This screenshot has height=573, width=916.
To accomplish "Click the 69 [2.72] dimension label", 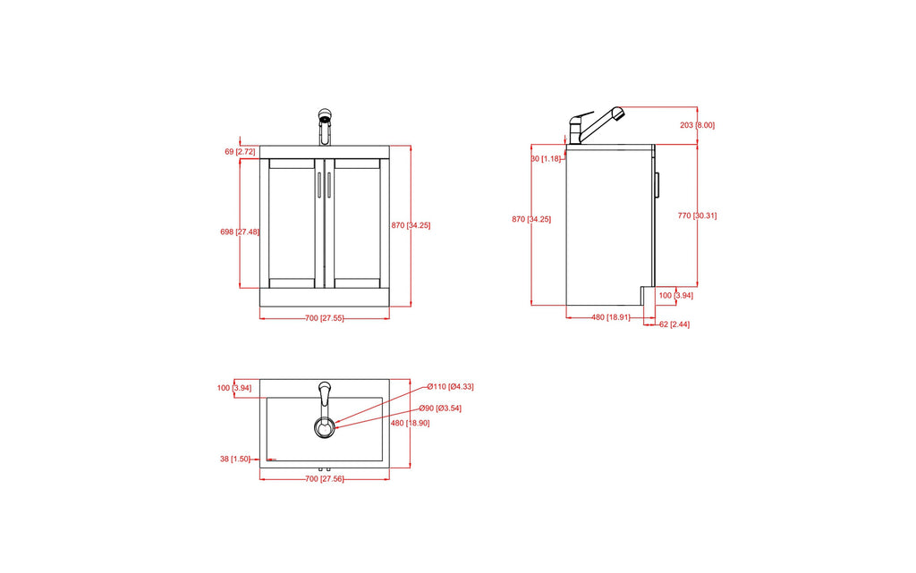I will [239, 152].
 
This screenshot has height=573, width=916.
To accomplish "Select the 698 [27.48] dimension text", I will [239, 232].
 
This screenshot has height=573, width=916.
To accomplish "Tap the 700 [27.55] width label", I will [325, 318].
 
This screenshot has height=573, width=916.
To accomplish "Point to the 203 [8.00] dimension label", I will [698, 125].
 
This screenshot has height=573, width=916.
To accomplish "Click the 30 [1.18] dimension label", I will [546, 158].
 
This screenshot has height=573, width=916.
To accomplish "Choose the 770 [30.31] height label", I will [697, 215].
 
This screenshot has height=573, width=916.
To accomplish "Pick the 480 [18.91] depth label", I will [611, 317].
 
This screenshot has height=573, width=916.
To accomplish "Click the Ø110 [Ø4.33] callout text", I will [450, 386].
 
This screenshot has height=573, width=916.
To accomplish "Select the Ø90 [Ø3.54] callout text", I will [440, 408].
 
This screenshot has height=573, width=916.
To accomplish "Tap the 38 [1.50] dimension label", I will [234, 459].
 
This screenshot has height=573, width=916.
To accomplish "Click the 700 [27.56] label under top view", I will [325, 479].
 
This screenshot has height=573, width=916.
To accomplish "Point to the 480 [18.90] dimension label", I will [411, 423].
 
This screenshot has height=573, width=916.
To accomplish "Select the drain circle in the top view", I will [325, 428].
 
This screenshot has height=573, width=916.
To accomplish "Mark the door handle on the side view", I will [657, 184].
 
